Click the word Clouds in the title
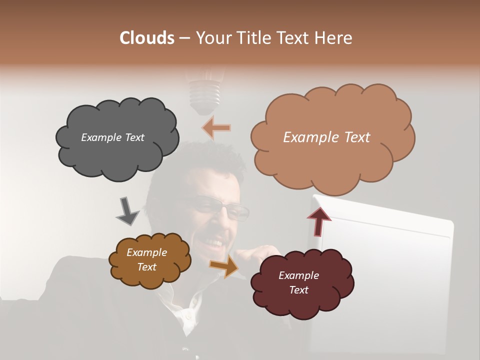[x=146, y=38]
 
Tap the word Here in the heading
[x=334, y=38]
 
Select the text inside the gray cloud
[x=112, y=137]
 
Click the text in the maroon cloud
[x=298, y=282]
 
